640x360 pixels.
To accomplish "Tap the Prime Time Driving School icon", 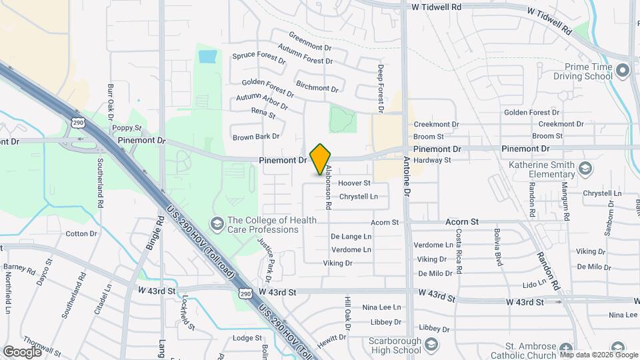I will tap(623, 70).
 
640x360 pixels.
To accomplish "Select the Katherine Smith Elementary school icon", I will tap(585, 167).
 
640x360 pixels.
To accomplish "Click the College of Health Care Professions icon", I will tap(217, 223).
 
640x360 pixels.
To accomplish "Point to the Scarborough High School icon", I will tap(431, 345).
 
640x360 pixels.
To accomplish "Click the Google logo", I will tap(22, 351).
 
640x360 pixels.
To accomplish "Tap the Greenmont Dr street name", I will tap(310, 41).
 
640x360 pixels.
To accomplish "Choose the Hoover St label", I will tap(354, 183).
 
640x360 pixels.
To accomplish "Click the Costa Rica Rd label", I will tap(459, 252).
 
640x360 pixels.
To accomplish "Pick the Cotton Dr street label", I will tap(81, 233).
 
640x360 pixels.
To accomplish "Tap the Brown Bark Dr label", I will tap(256, 137).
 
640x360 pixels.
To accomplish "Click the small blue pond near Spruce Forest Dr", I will tap(207, 56).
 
